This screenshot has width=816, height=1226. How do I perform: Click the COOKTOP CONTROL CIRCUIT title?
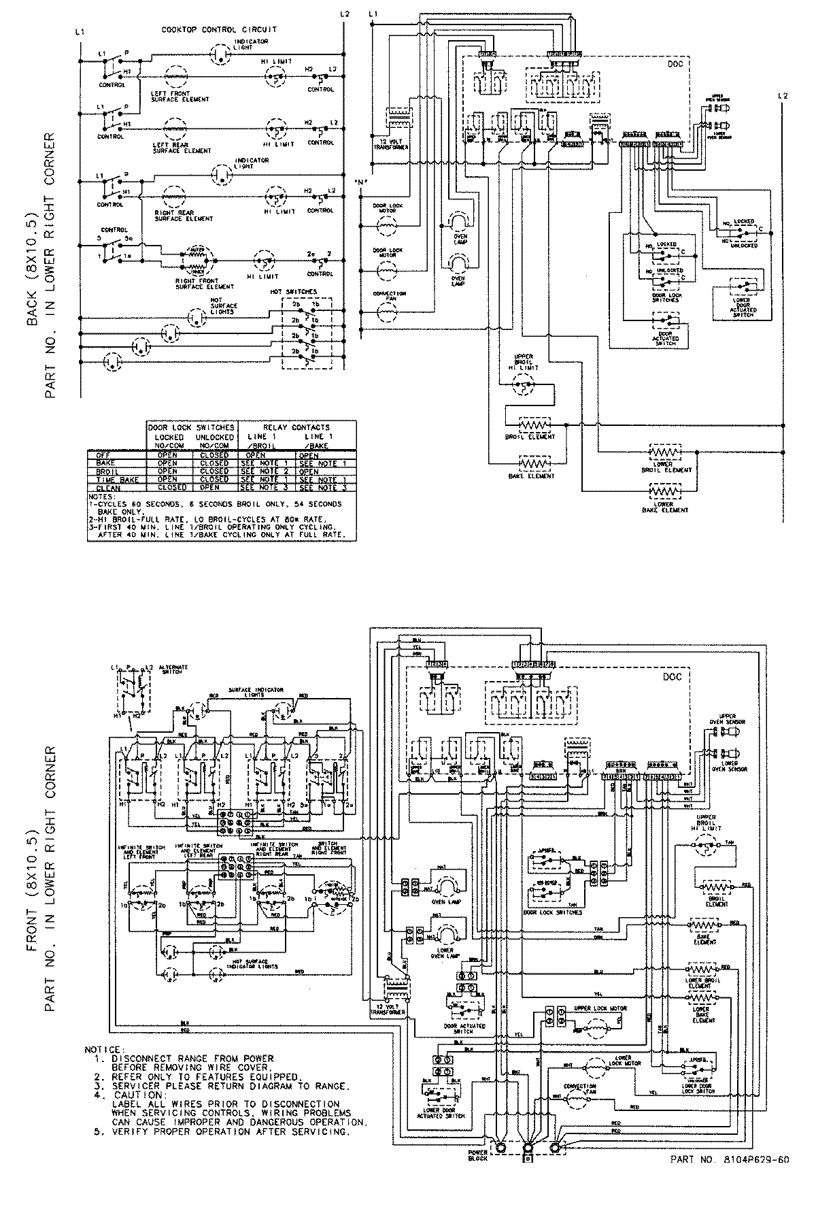coord(219,30)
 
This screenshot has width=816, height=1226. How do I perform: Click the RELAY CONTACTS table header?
coord(296,427)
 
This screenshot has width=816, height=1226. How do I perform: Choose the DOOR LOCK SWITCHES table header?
coord(191,427)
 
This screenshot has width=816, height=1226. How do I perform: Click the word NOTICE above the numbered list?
coord(103,1050)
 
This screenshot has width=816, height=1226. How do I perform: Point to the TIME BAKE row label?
coord(105,479)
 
